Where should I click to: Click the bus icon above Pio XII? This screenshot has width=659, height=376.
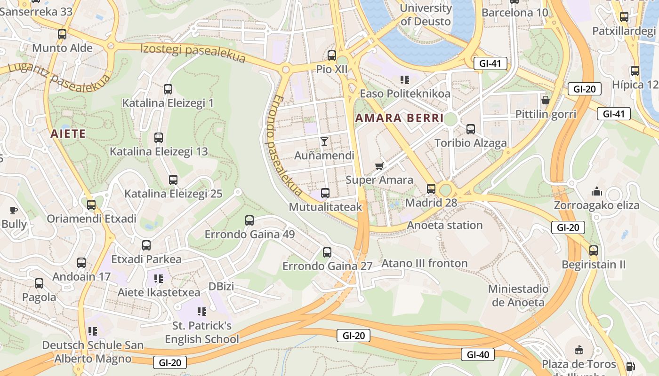point(332,55)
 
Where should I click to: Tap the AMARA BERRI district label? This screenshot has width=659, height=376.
point(400,118)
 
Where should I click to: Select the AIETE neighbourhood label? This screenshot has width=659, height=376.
point(68,134)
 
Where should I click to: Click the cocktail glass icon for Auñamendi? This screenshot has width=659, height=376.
point(324,141)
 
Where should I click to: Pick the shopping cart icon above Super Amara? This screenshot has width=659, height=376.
point(379,165)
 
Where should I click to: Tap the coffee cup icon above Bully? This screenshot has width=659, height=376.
point(14,210)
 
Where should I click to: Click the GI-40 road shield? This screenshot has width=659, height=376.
point(477,354)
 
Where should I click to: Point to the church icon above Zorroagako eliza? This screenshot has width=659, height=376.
point(597,191)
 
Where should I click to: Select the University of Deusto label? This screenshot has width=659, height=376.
point(426,15)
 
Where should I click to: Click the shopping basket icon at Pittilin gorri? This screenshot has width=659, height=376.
point(546,100)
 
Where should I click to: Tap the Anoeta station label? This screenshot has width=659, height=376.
point(445,225)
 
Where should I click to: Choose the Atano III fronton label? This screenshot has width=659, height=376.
point(425,263)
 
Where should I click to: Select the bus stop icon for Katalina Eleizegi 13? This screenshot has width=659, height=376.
point(159,138)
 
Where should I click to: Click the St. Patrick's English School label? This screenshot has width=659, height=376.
point(202,332)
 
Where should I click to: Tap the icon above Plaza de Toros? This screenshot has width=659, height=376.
point(579,350)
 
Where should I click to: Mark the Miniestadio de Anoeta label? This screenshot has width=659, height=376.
point(518,296)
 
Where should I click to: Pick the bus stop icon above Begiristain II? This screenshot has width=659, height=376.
point(594,251)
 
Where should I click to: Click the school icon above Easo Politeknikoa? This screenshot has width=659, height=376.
point(404,79)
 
